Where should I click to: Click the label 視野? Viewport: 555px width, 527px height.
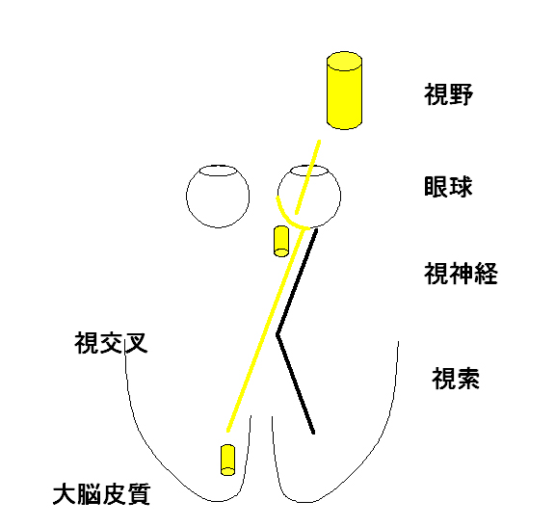(448, 94)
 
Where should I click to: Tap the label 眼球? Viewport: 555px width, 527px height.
(448, 187)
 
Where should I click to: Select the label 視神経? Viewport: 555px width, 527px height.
(461, 274)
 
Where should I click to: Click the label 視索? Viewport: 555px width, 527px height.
(456, 379)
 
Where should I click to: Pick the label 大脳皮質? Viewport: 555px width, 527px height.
(101, 494)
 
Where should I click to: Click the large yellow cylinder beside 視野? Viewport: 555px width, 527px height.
(344, 91)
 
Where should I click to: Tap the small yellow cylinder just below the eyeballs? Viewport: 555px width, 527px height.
(281, 241)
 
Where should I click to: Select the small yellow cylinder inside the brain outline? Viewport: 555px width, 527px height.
(227, 460)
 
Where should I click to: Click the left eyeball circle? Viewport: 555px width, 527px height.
(187, 197)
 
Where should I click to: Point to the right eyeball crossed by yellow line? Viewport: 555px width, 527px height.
(340, 197)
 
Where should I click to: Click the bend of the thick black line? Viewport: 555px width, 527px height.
(277, 333)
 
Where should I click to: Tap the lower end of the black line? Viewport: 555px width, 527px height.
(313, 433)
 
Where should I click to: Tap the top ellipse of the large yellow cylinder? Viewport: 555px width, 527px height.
(344, 61)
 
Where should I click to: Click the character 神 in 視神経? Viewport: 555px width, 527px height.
(461, 274)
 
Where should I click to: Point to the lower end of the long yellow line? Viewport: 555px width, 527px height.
(228, 431)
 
